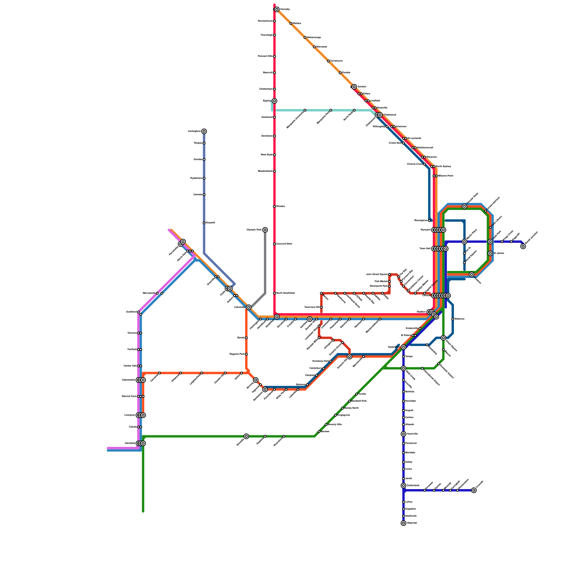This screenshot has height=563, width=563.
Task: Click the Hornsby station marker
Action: [x=277, y=10]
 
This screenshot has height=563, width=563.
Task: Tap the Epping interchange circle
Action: [x=274, y=101]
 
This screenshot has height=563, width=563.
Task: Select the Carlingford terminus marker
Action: [x=204, y=131]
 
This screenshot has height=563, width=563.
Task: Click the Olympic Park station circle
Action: [x=265, y=230]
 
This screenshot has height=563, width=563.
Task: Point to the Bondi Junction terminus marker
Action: [x=523, y=246]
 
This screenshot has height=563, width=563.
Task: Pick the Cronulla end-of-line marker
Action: [x=474, y=490]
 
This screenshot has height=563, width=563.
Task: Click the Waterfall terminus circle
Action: [x=404, y=523]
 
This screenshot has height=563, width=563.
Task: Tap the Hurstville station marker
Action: [x=404, y=434]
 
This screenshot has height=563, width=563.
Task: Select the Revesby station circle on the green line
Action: [x=246, y=436]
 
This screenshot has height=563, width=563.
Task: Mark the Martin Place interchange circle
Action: [x=464, y=241]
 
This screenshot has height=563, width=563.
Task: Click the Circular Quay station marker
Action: [x=464, y=207]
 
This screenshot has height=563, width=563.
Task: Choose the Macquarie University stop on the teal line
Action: [x=305, y=110]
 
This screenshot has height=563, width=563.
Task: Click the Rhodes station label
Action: [x=281, y=206]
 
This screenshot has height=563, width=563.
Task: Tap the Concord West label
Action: [x=284, y=244]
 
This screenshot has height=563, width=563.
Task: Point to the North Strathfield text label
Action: [x=286, y=293]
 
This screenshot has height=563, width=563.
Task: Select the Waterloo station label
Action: [x=460, y=319]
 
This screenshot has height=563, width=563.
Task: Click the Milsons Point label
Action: [x=446, y=176]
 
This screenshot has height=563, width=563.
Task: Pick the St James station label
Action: [x=499, y=253]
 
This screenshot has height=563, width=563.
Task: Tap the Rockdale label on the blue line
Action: [x=411, y=401]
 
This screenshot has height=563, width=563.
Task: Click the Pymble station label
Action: [x=346, y=72]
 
